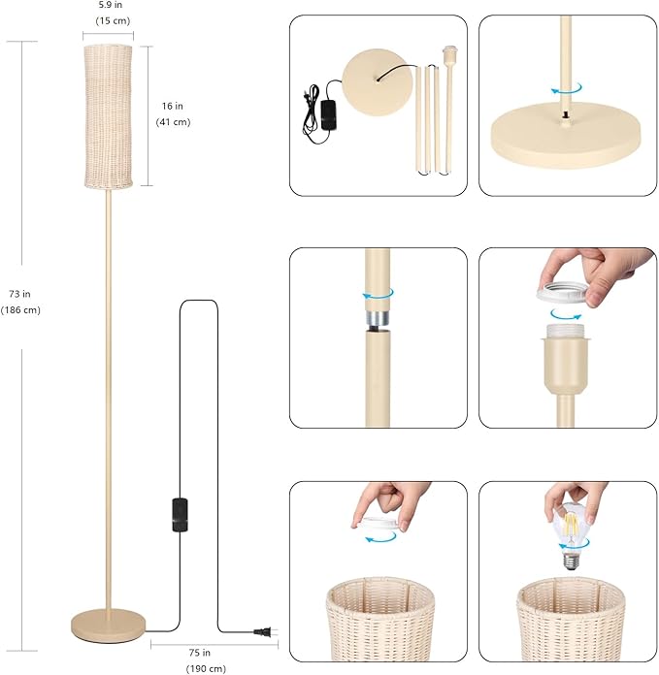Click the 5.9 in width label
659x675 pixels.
111,5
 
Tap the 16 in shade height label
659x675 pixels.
173,106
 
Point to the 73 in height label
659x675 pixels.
19,294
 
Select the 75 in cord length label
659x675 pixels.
200,653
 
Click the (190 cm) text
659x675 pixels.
206,668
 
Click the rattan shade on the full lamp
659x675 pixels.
108,115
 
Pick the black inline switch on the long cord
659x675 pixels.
181,514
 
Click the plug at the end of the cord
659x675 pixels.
265,632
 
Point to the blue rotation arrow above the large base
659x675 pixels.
567,88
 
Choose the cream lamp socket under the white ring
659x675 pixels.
564,360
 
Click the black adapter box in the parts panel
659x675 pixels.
328,114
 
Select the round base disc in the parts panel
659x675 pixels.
372,82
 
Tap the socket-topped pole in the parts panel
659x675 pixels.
449,108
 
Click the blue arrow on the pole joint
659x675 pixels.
379,294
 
